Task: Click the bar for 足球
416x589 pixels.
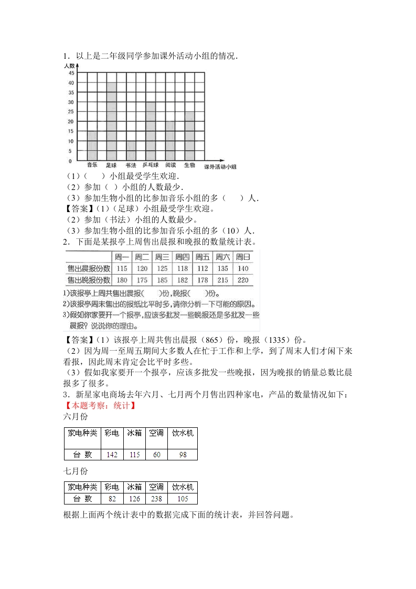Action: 111,121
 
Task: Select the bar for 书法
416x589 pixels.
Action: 131,151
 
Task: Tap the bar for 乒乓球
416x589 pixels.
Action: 151,131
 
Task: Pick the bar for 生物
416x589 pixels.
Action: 189,136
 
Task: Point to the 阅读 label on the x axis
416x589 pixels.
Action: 170,165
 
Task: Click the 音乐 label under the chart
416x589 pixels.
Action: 92,165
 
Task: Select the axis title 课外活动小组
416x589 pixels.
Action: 221,167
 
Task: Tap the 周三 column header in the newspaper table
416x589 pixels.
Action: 162,257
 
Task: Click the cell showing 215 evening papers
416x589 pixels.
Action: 222,280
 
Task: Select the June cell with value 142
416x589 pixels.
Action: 112,455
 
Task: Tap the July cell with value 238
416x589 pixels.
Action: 156,499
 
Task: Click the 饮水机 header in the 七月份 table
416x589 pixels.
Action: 183,487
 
